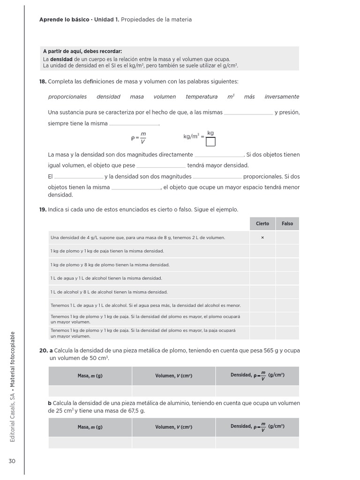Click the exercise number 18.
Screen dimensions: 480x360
(43, 82)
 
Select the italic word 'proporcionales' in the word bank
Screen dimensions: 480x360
(67, 97)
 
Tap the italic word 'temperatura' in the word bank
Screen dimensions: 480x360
(202, 97)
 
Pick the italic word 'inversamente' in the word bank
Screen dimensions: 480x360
(281, 97)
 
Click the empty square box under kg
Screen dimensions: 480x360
(210, 142)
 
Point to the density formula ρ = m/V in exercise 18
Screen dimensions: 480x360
(139, 137)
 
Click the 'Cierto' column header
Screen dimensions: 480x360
(262, 224)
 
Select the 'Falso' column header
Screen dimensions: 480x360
(287, 224)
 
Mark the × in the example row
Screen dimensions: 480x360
(262, 238)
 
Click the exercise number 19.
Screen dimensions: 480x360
(43, 210)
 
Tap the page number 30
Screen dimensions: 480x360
(12, 461)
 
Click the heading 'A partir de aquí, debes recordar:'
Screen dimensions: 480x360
(82, 52)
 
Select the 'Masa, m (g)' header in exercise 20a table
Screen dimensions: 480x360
(90, 376)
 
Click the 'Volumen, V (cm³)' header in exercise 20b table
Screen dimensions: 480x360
(173, 427)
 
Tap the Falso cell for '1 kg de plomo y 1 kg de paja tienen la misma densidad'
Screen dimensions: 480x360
(287, 251)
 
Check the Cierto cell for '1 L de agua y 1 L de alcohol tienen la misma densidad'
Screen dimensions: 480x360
(262, 278)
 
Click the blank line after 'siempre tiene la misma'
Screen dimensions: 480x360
(134, 124)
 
